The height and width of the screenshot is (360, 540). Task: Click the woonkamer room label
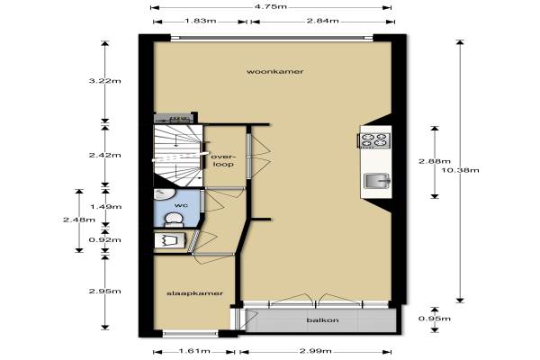coord(275,72)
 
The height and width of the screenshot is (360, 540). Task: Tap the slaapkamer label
coord(195,293)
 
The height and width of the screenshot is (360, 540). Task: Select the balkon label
coord(322,320)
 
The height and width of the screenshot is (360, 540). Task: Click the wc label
coord(181,205)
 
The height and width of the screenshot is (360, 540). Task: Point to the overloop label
coord(223,160)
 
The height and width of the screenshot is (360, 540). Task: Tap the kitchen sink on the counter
coord(376,181)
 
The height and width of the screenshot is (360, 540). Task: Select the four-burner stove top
coord(373,139)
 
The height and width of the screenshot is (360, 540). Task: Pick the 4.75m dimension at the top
coord(271,6)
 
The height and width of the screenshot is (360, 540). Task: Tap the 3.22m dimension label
coord(104,81)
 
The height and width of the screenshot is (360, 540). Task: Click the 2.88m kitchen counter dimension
coord(435,161)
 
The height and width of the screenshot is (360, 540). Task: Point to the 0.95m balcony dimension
coord(435,319)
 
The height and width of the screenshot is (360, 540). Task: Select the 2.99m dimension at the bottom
coord(316,351)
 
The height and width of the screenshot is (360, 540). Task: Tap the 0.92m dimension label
coord(104,239)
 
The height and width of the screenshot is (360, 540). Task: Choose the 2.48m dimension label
coord(79,220)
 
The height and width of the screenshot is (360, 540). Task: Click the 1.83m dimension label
coord(201,21)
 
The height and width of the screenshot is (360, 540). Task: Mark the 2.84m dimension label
coord(323,21)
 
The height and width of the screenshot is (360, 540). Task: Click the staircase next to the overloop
coord(177,156)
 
